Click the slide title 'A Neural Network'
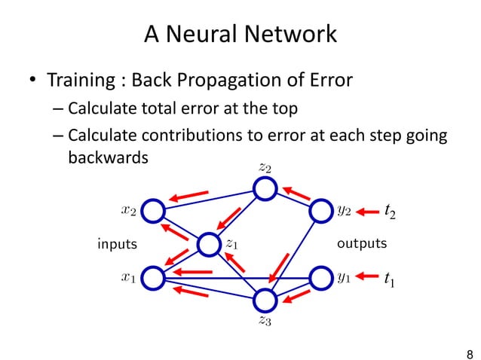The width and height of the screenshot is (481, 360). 240,34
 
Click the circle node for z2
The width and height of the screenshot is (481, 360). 265,188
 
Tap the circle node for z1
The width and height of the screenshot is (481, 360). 208,244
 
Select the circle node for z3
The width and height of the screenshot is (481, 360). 265,300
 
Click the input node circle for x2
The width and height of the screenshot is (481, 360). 153,211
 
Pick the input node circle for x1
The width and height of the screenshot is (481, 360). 153,277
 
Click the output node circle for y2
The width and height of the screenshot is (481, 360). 320,211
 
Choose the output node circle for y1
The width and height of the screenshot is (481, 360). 320,277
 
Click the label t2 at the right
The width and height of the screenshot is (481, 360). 390,212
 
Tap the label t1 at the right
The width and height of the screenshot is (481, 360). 389,279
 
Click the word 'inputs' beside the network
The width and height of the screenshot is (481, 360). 118,244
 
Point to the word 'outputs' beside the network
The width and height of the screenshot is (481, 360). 362,244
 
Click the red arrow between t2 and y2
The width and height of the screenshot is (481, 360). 366,212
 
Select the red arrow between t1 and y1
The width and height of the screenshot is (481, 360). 366,278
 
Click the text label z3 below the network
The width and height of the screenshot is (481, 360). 265,322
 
